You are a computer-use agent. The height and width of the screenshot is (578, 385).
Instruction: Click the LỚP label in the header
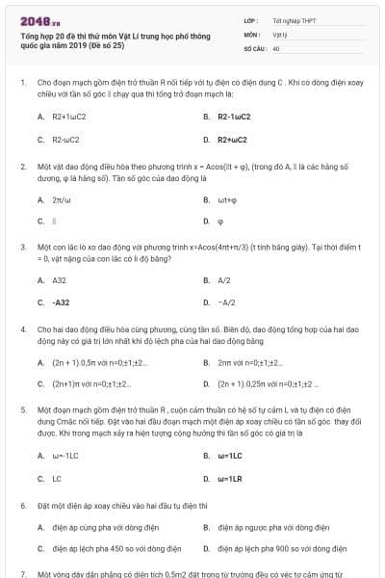(x=251, y=19)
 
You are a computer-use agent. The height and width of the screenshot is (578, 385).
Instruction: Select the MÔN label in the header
(x=252, y=33)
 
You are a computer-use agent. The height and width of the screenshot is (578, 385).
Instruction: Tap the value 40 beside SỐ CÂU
(x=276, y=46)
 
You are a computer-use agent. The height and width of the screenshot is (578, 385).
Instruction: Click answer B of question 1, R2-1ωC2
(x=233, y=116)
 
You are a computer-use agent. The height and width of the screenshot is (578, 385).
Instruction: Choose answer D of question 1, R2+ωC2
(x=232, y=140)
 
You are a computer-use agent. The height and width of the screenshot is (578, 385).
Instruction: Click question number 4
(x=23, y=328)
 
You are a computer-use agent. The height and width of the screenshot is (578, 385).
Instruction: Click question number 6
(x=23, y=505)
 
